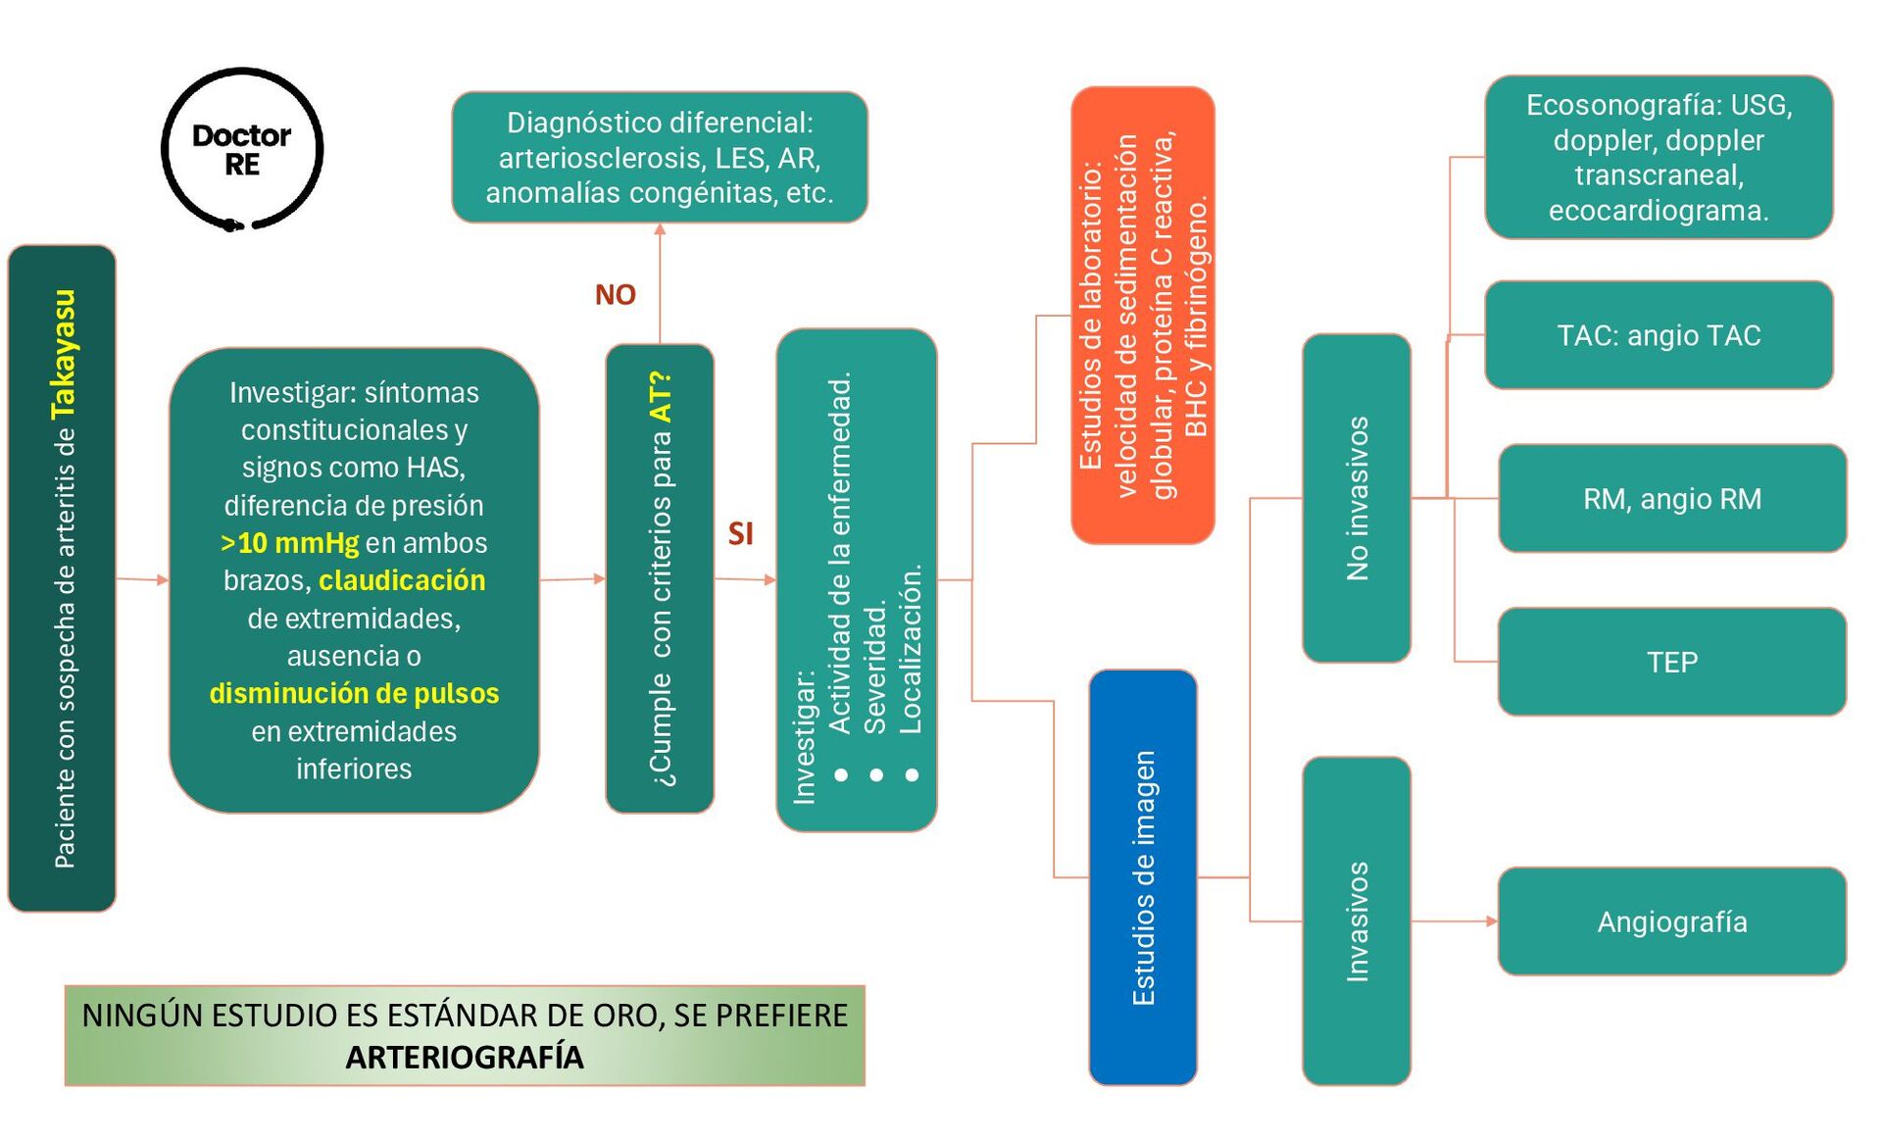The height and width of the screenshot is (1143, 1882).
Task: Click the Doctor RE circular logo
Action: point(241,149)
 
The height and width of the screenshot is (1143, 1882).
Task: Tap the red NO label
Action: point(616,294)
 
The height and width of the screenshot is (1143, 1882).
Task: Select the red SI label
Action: point(741,533)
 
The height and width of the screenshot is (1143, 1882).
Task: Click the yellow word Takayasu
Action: point(64,354)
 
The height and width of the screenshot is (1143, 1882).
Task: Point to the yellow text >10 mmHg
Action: point(290,542)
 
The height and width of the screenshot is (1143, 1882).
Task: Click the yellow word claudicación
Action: point(402,580)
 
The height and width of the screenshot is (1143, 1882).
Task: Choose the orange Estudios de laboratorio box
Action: point(1143,316)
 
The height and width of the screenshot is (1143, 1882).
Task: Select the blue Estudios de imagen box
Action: point(1143,877)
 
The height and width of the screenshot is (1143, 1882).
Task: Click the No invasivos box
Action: point(1357,498)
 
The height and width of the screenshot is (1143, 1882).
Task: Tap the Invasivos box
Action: point(1357,920)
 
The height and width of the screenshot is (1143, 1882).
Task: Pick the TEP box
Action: point(1671,662)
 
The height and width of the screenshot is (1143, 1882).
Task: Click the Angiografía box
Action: point(1671,921)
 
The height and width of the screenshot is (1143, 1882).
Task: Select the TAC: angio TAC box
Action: point(1659,335)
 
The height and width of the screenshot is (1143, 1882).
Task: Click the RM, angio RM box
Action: point(1671,499)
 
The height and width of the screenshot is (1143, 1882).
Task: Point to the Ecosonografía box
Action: point(1659,157)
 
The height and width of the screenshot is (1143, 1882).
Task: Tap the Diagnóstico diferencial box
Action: point(660,157)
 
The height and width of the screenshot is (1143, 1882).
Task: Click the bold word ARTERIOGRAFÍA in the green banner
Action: point(465,1057)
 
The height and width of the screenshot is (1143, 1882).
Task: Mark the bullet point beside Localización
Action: point(912,775)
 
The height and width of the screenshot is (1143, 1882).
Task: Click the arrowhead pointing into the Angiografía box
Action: point(1492,921)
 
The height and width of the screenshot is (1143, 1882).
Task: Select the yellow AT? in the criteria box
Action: point(662,397)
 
